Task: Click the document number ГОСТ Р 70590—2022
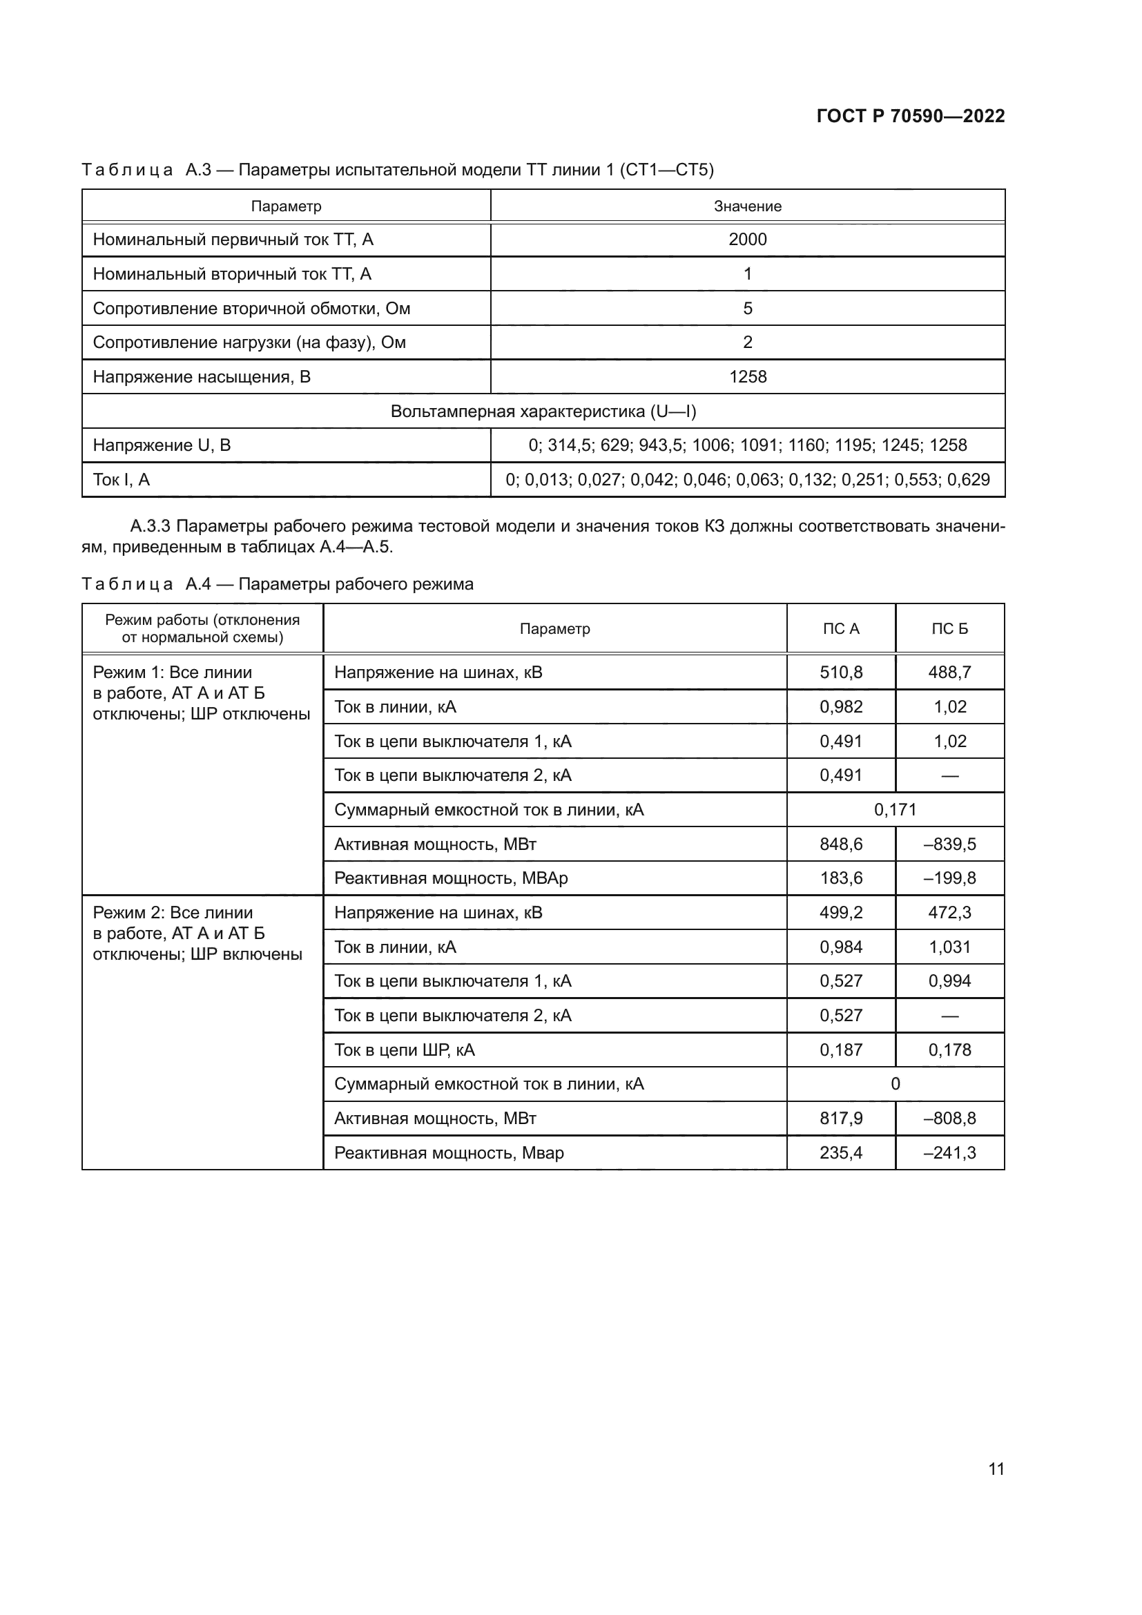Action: [x=910, y=116]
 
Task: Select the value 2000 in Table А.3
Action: [x=747, y=239]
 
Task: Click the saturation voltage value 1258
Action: [x=747, y=376]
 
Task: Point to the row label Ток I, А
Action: [x=121, y=480]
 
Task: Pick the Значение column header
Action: [x=747, y=206]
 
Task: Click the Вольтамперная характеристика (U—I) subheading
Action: [x=543, y=411]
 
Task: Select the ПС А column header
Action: [x=840, y=628]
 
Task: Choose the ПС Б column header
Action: [x=949, y=628]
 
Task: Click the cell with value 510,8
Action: [x=840, y=673]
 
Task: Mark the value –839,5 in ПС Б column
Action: [x=949, y=844]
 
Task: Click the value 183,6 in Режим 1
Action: [x=840, y=878]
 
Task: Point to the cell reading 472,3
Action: [x=949, y=912]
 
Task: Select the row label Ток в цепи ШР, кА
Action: [x=405, y=1050]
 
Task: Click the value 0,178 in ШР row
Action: [x=949, y=1050]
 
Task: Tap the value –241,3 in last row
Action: [x=949, y=1153]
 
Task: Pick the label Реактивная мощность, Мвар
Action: [x=449, y=1153]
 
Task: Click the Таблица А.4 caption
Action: [x=277, y=584]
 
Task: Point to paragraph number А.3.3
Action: [x=150, y=526]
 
